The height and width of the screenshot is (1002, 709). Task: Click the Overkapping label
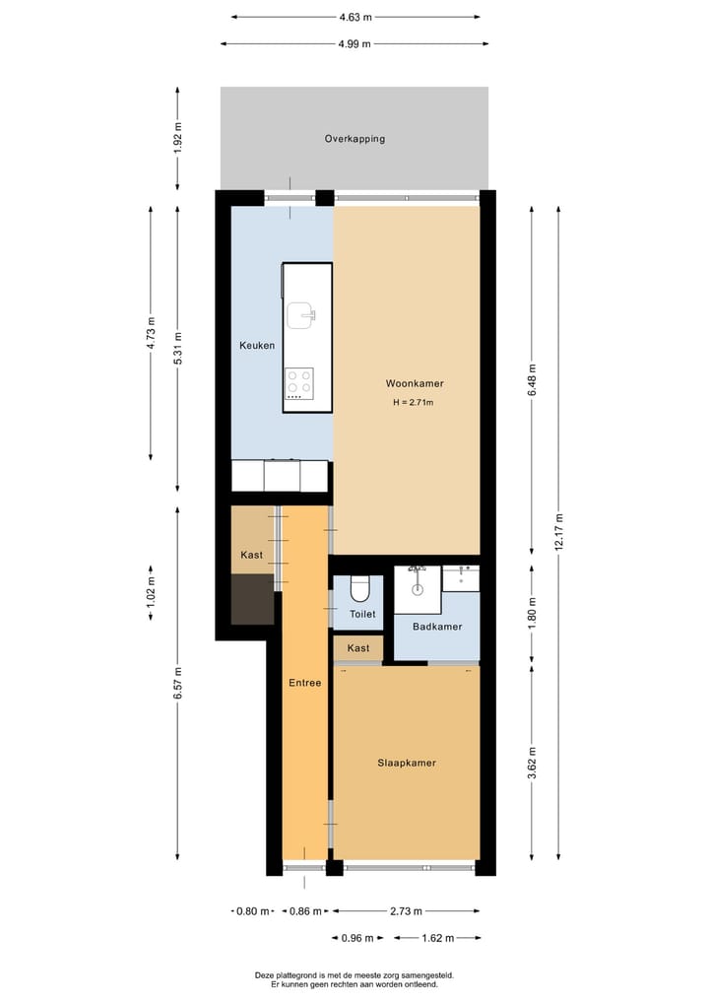354,139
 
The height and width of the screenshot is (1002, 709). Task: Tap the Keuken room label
257,346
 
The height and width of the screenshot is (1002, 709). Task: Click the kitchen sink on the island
300,314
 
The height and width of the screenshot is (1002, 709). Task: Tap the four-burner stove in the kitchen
299,382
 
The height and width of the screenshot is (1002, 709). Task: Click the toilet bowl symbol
358,588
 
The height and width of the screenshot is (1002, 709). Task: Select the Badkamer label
437,627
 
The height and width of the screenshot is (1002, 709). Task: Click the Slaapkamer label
407,763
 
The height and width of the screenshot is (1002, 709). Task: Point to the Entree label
303,683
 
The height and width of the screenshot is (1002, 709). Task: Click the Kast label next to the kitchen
252,555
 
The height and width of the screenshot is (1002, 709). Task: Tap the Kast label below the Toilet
358,648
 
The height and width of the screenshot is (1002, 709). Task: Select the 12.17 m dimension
558,532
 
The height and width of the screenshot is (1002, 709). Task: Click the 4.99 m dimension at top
354,43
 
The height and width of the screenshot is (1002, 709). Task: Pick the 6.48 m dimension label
532,380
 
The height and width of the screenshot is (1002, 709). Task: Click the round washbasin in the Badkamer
418,588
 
